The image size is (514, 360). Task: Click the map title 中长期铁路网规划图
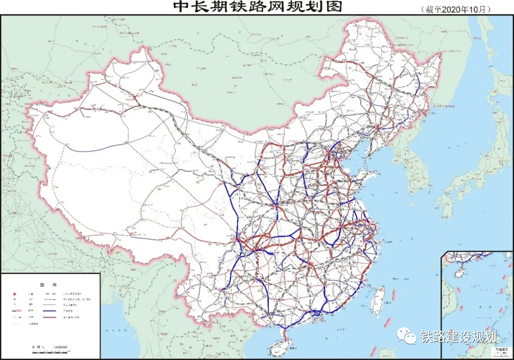[x=257, y=7]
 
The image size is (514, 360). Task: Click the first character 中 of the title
[x=181, y=7]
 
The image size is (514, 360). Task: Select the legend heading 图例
[x=49, y=285]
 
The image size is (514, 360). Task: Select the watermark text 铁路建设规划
[x=458, y=337]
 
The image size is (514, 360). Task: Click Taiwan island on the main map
[x=378, y=300]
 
